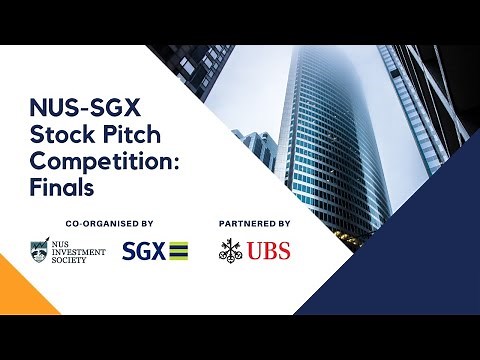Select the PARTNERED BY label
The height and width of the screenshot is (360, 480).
254,224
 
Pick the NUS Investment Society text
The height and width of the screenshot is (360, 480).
80,251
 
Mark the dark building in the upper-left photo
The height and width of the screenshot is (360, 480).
200,65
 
